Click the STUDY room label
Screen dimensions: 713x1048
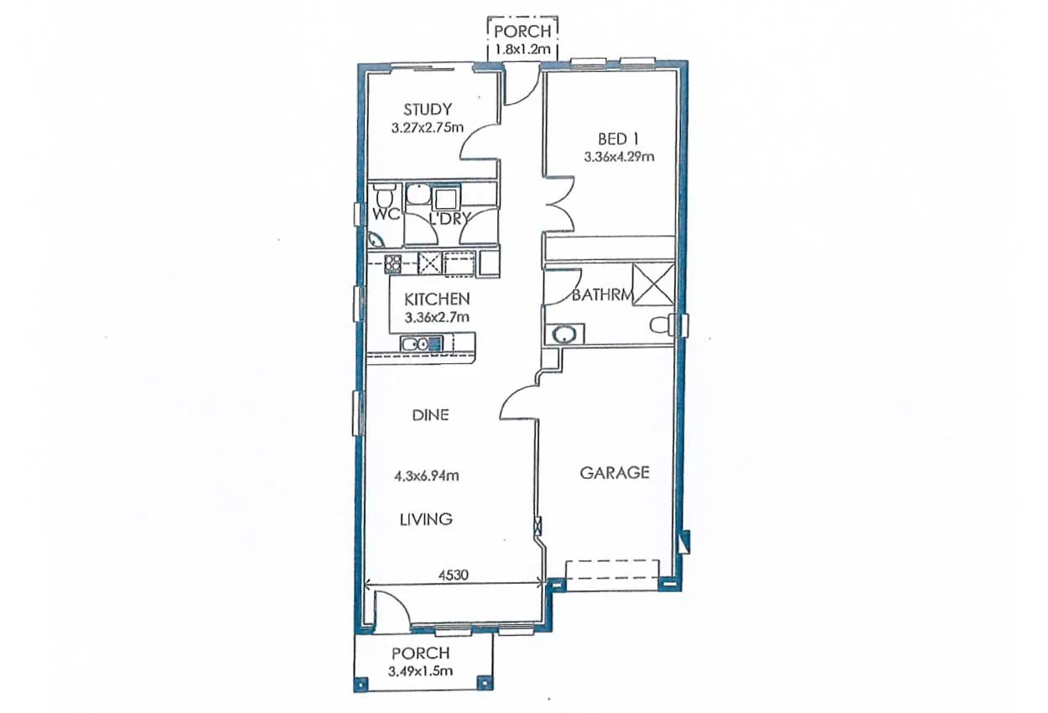[428, 109]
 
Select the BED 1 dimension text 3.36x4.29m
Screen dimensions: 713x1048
[619, 156]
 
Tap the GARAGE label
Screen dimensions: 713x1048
[615, 472]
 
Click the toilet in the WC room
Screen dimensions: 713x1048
[385, 198]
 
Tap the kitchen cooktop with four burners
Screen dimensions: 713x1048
[392, 263]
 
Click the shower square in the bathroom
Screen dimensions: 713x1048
[653, 284]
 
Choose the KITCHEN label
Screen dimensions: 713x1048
[437, 299]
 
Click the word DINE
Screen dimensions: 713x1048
[430, 414]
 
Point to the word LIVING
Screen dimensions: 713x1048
[425, 519]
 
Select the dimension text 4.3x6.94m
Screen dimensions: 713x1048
[426, 476]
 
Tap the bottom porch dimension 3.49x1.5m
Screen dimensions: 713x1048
[421, 671]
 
